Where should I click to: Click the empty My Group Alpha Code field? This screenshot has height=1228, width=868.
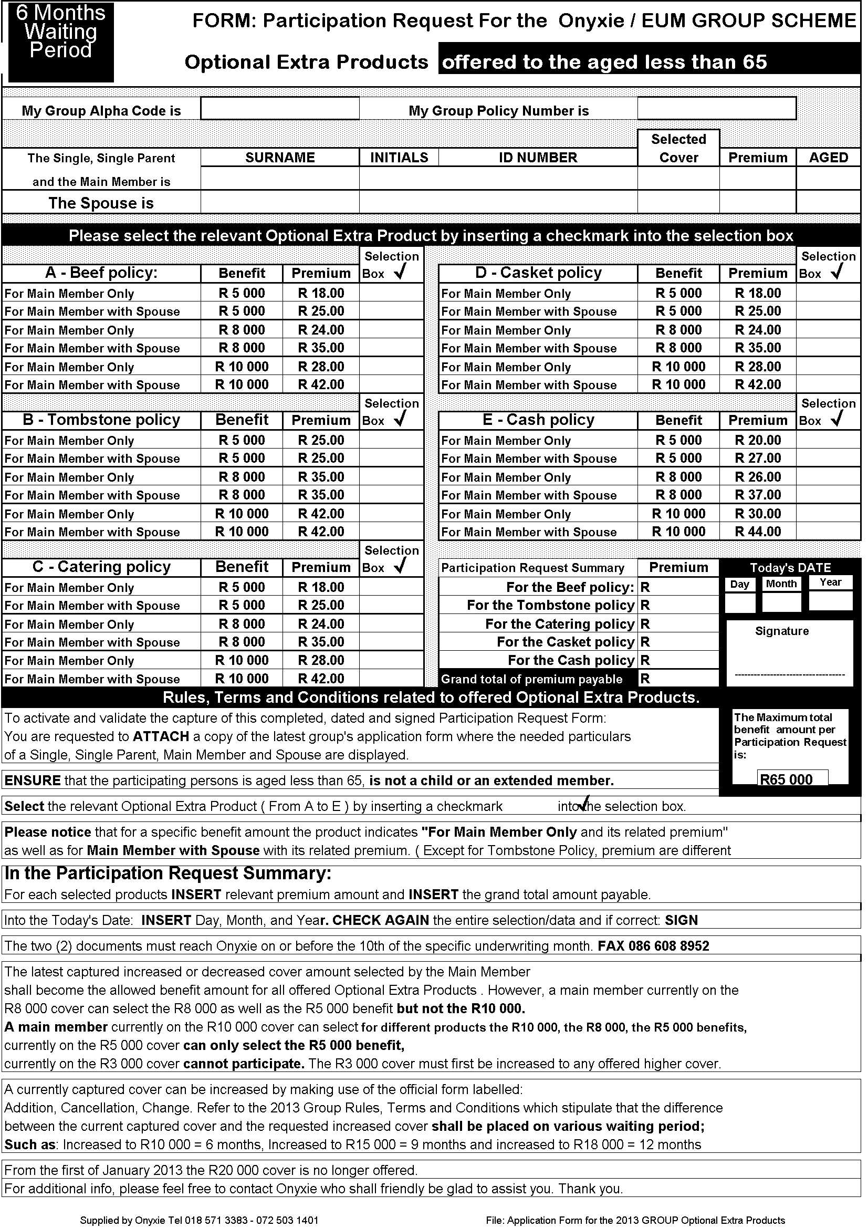[280, 109]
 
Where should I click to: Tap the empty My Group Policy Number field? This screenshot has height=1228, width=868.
[716, 108]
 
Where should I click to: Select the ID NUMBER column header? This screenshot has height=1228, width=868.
[538, 157]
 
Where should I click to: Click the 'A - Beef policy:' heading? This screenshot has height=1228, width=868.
[101, 273]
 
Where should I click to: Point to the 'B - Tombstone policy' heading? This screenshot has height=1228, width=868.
[101, 420]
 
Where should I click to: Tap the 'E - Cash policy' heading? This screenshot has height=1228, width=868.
[538, 420]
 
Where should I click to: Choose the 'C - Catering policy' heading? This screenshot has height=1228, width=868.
[101, 567]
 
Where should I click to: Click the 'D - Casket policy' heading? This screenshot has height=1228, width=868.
[538, 273]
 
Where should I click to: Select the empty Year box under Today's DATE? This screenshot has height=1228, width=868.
[830, 601]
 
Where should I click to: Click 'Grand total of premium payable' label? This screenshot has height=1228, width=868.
[531, 679]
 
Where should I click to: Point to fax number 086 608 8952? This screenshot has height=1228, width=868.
[653, 945]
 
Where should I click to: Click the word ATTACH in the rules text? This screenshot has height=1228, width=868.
[161, 736]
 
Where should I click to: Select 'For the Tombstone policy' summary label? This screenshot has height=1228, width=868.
[550, 606]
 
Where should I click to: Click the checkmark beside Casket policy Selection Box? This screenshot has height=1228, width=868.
[836, 273]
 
